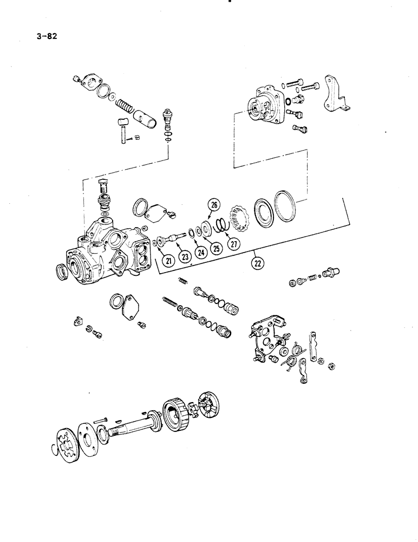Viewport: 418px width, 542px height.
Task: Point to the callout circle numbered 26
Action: tap(214, 205)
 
